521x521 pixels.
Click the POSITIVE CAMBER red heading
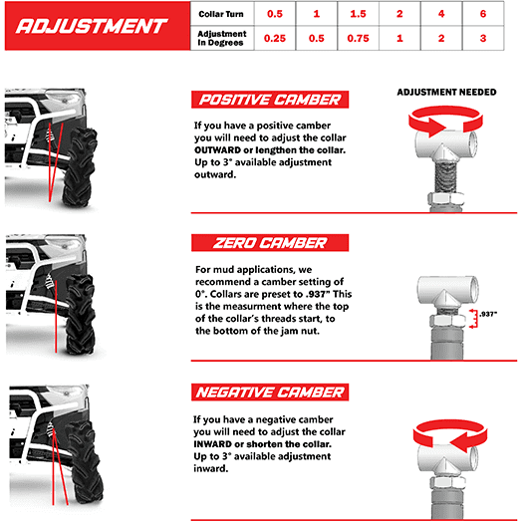(x=268, y=100)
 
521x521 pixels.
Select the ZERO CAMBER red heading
(x=268, y=243)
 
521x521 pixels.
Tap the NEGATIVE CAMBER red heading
(x=268, y=391)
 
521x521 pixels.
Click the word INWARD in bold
(x=216, y=445)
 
